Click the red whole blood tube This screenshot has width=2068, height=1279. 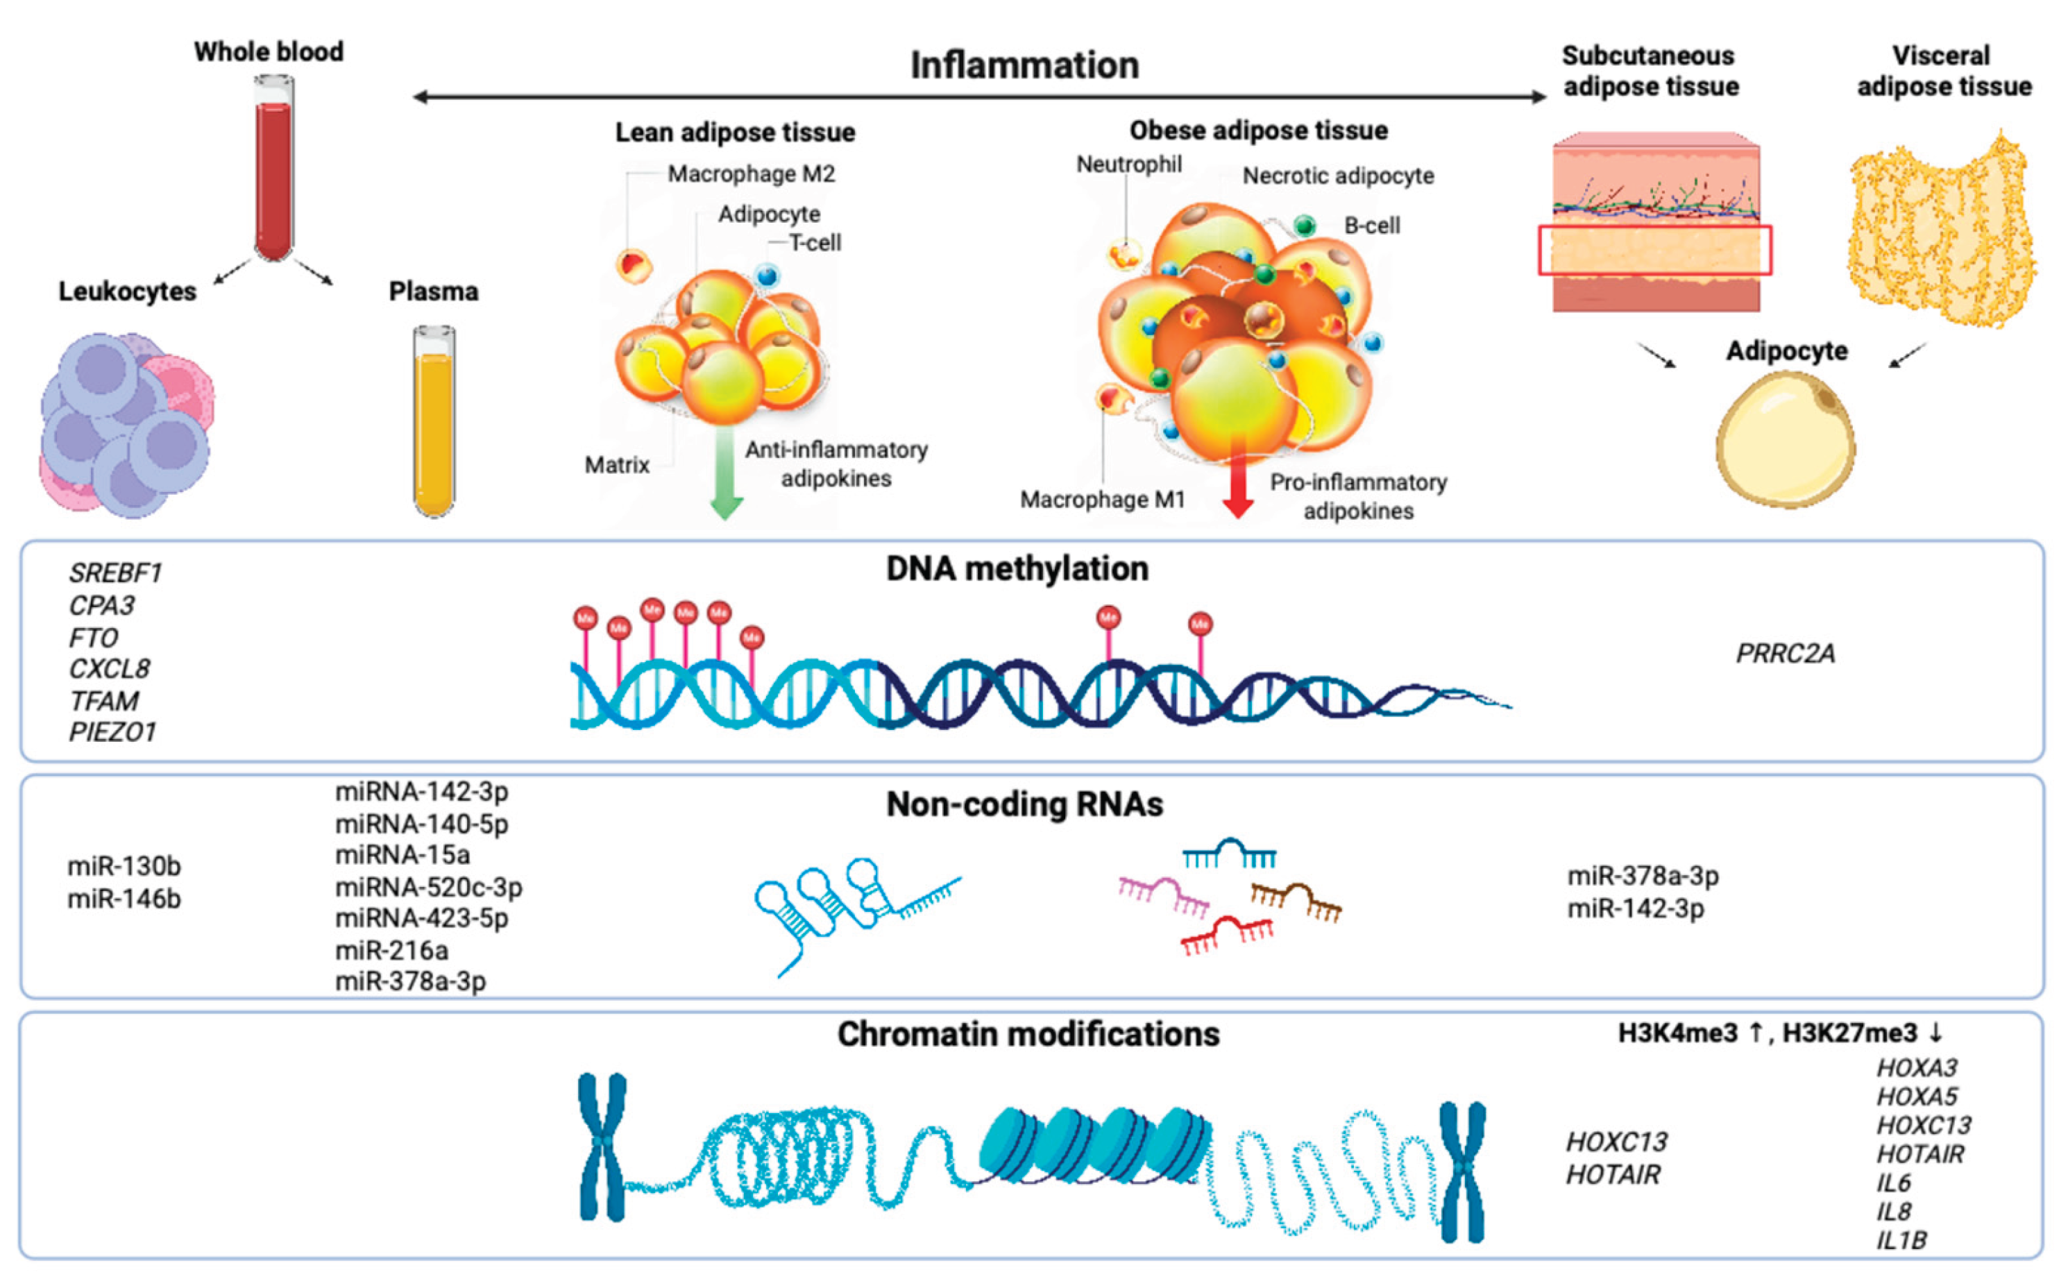pos(273,169)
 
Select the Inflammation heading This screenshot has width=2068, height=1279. pos(1024,65)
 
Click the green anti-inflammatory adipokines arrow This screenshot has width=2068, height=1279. pos(725,474)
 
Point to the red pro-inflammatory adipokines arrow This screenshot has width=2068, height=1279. pos(1237,478)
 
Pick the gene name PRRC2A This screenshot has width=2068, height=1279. pos(1785,653)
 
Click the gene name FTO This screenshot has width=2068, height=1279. pos(93,637)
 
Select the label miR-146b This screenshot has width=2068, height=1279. pos(124,898)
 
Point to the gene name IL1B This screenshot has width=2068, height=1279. pos(1901,1240)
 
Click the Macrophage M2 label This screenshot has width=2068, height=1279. pos(751,174)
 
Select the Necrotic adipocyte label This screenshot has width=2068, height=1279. pos(1338,176)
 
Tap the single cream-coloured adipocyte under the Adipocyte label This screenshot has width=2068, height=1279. pos(1785,440)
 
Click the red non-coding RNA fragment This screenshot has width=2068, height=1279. pos(1226,935)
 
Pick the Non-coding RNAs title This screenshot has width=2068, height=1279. pos(1024,804)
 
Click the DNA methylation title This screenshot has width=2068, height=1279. pos(1017,568)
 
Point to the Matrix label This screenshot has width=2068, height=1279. pos(617,464)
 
